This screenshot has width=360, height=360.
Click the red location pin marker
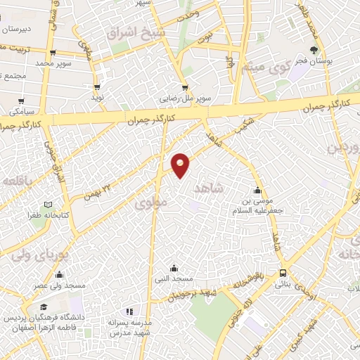point(181,165)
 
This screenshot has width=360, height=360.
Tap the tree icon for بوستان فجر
point(314,50)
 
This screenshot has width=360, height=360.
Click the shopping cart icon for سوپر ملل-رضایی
point(186,88)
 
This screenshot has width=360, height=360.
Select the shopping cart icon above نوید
point(97,88)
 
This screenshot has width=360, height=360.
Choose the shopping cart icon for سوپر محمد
point(53,52)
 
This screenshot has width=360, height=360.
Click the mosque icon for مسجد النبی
point(174,268)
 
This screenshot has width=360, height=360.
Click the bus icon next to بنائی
point(283,273)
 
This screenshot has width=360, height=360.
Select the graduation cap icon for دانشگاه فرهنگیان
point(44,307)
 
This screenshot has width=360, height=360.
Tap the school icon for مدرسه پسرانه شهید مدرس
point(129,311)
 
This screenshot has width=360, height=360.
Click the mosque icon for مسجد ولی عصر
point(60,274)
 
